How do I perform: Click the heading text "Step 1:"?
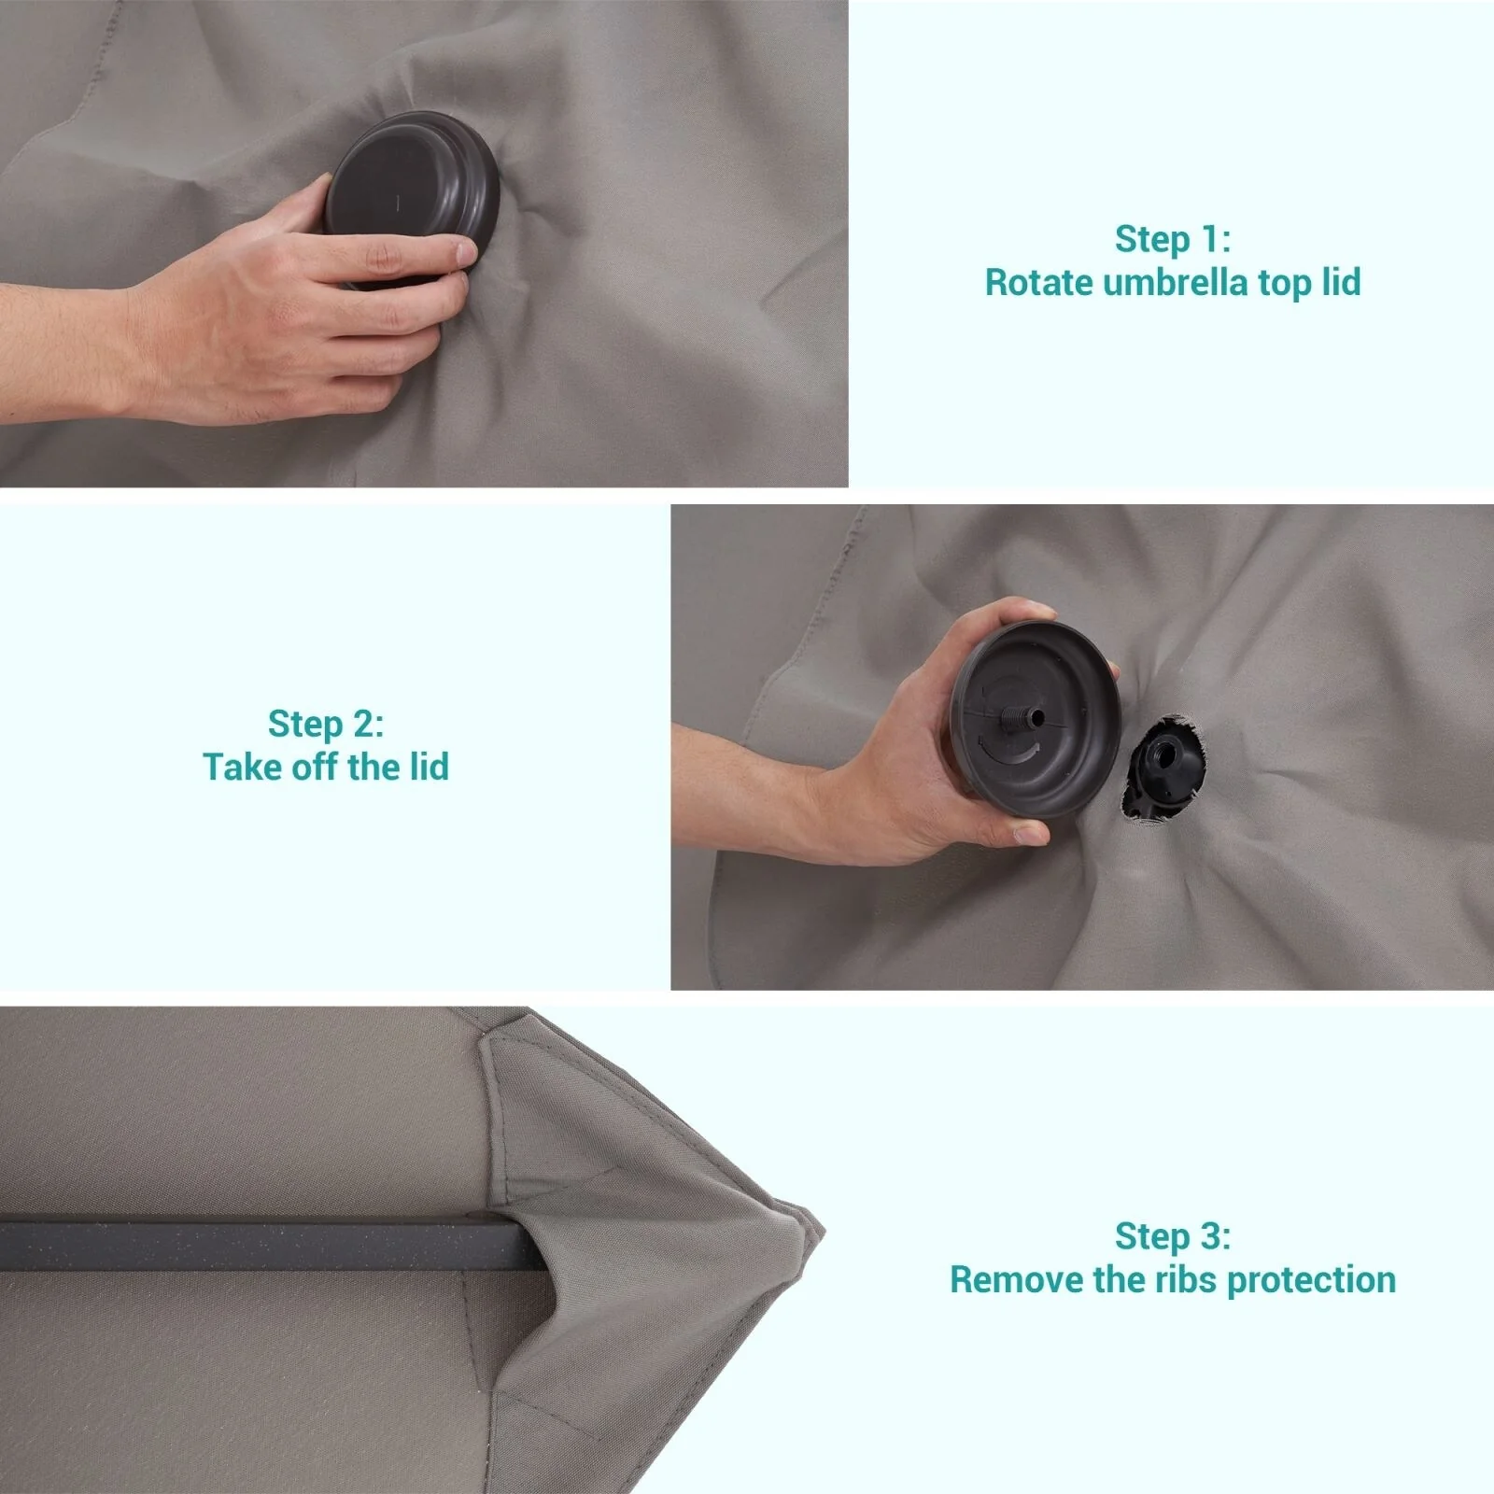pyautogui.click(x=1173, y=239)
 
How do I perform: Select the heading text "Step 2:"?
pyautogui.click(x=326, y=724)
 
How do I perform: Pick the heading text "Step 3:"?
pyautogui.click(x=1173, y=1236)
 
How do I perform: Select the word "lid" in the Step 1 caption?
pyautogui.click(x=1341, y=282)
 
